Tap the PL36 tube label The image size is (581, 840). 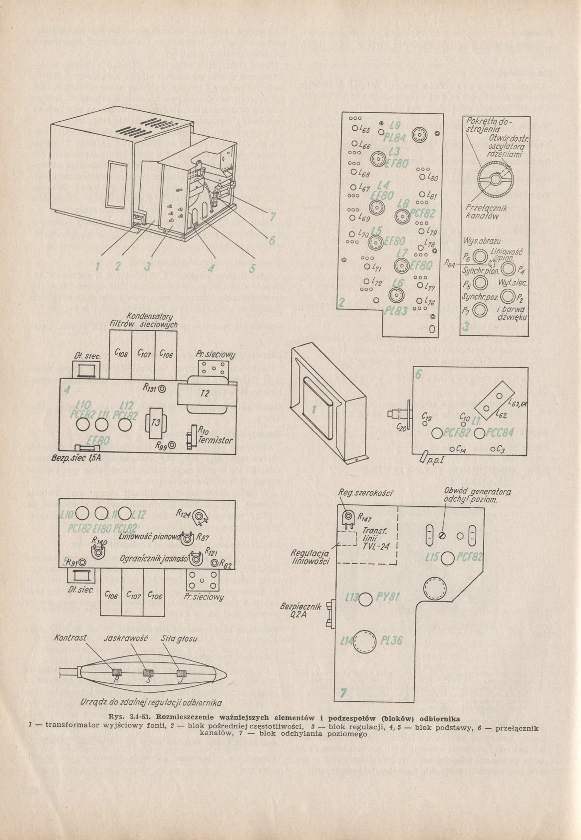pos(391,641)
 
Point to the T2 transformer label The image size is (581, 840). pos(205,394)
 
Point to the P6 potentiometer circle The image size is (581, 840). pos(480,257)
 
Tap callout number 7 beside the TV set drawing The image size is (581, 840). pos(273,216)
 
